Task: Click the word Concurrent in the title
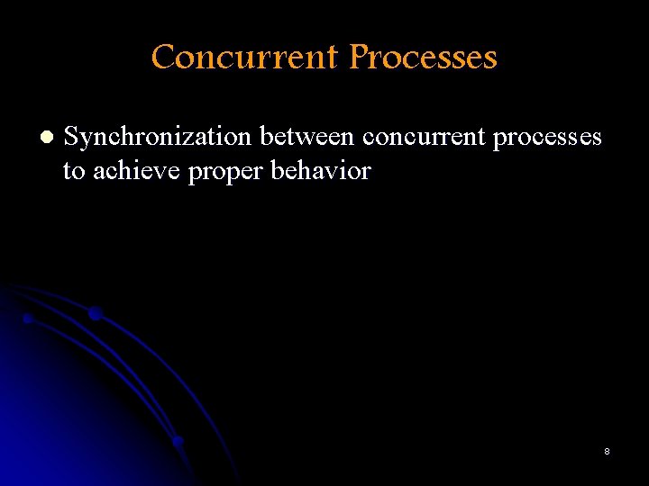point(244,58)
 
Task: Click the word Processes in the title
point(423,58)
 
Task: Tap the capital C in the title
point(163,58)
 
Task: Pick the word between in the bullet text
point(307,138)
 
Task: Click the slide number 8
point(607,451)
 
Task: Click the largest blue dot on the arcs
point(95,313)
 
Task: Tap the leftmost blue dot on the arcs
point(28,319)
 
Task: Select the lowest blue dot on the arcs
point(178,441)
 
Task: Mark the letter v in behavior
point(337,172)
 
